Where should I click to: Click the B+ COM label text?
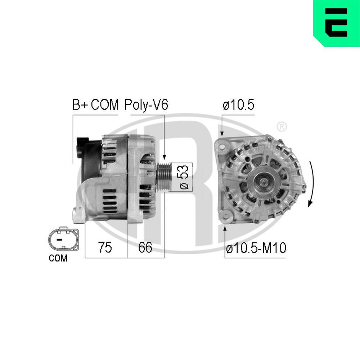[95, 105]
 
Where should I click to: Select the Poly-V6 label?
[146, 105]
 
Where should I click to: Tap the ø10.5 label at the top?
[238, 105]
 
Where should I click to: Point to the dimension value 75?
[105, 247]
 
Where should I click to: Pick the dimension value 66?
[145, 247]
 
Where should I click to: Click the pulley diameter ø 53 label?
[183, 177]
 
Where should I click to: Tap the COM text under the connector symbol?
[58, 258]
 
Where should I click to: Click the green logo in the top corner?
[337, 23]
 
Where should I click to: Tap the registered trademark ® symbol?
[282, 126]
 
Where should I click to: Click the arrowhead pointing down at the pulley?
[164, 157]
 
